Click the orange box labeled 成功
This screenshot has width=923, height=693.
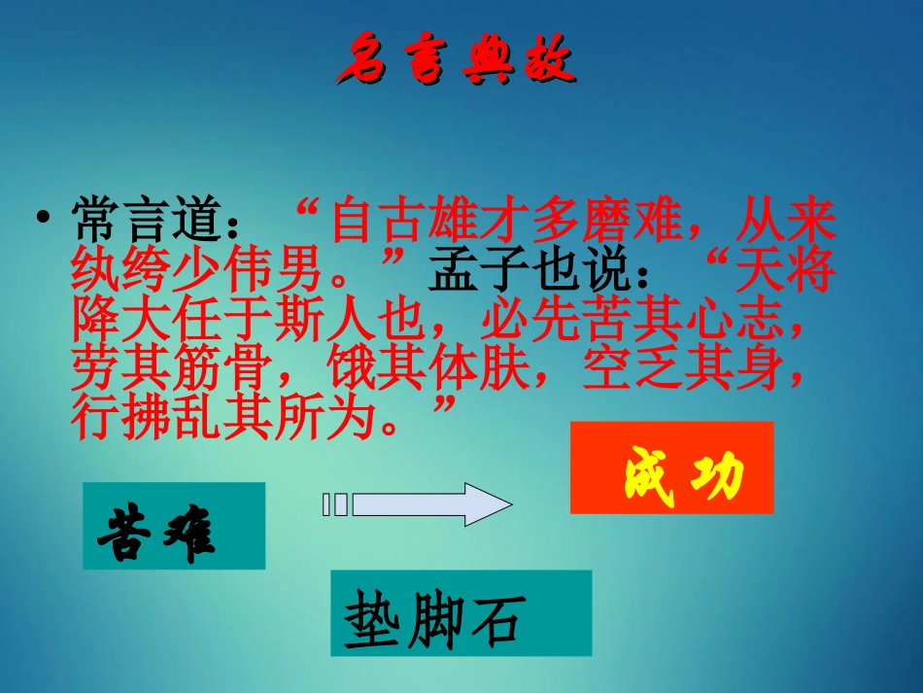coord(671,468)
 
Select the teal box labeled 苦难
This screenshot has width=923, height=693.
coord(174,526)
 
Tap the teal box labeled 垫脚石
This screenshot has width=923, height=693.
coord(461,612)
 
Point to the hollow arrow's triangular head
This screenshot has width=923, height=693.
coord(486,504)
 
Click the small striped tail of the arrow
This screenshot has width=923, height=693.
coord(334,504)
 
